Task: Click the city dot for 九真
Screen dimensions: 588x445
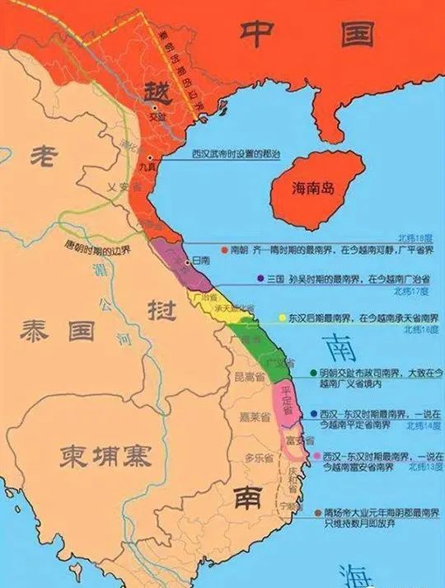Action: tap(150, 157)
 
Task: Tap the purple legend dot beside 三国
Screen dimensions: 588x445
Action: tap(260, 278)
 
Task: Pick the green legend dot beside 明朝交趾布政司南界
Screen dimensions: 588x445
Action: tap(314, 373)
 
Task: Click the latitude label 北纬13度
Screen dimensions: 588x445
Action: tap(424, 466)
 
